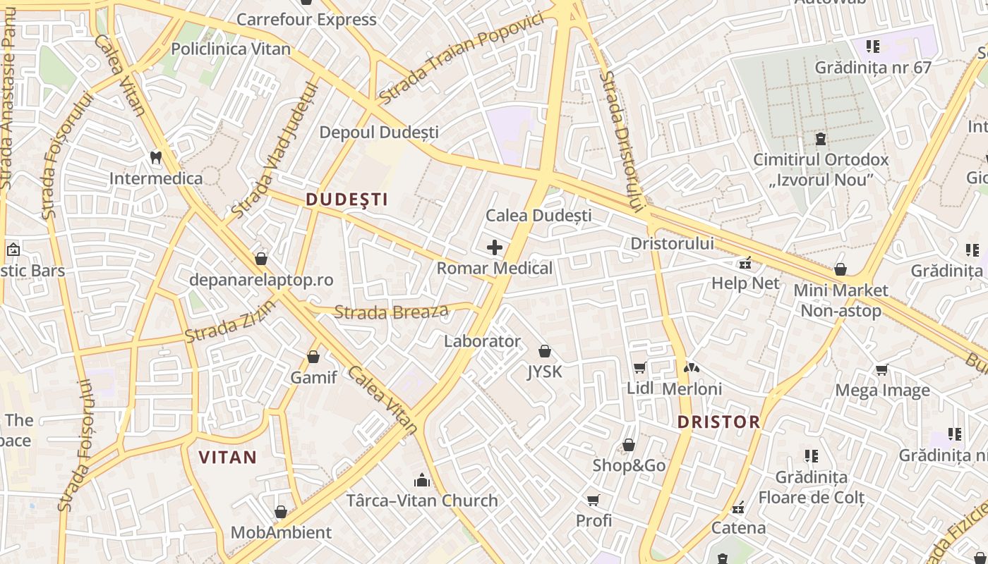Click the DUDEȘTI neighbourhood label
(x=347, y=200)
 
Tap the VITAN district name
(x=227, y=458)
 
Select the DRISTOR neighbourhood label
(x=718, y=422)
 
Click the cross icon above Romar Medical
(x=495, y=247)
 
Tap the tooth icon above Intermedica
(x=156, y=158)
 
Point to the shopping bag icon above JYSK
(x=544, y=351)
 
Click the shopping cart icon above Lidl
(x=639, y=367)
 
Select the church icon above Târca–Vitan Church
(x=422, y=481)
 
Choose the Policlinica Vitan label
(x=231, y=49)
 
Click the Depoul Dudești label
(x=379, y=133)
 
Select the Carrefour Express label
(x=306, y=20)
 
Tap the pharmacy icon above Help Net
(x=745, y=264)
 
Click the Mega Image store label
(x=882, y=390)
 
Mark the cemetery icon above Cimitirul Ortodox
(x=821, y=139)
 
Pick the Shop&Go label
(x=629, y=465)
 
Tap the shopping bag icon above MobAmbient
(x=281, y=512)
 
